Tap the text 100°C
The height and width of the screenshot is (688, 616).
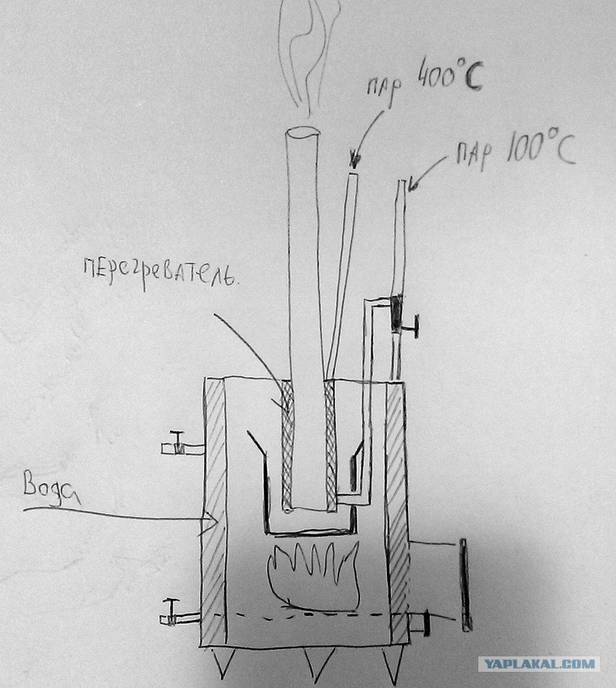pos(541,147)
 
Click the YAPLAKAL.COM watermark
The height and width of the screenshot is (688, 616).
pos(539,664)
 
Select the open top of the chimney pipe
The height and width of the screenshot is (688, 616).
pos(303,133)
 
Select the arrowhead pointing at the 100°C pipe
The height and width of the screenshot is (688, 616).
pos(414,185)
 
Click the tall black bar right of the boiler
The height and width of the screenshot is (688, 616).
pos(465,585)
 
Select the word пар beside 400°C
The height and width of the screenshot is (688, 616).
pos(384,87)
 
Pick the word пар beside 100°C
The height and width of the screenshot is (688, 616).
pos(474,155)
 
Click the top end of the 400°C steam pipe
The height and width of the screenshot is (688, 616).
pos(353,175)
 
